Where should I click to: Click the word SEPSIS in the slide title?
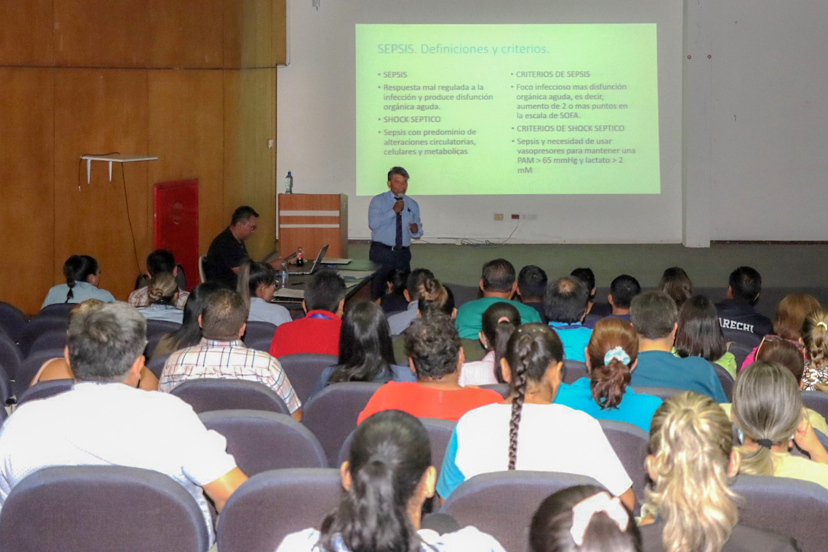pos(396,49)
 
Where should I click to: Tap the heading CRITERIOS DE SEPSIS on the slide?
pos(553,75)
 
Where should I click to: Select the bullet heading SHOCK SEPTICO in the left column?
pos(412,120)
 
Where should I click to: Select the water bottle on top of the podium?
pos(289,183)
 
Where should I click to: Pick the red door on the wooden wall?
pos(176,228)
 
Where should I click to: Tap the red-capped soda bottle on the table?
pos(299,256)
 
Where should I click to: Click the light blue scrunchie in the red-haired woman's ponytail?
pos(617,356)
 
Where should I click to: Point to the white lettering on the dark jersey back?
pos(737,325)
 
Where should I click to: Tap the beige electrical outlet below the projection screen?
pos(498,217)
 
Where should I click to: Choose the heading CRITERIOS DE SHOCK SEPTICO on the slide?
pos(570,128)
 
